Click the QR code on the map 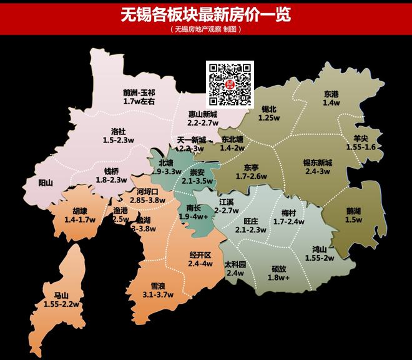[x=229, y=84]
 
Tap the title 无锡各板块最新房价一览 [x=205, y=14]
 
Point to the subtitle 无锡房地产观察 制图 [x=205, y=30]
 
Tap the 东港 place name [x=331, y=94]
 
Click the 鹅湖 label [x=353, y=211]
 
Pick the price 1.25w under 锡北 [x=267, y=117]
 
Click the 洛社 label [x=118, y=131]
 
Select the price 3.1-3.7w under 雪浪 [x=157, y=294]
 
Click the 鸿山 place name [x=320, y=249]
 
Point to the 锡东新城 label [x=317, y=162]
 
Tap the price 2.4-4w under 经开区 [x=200, y=264]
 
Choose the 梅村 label [x=288, y=212]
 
